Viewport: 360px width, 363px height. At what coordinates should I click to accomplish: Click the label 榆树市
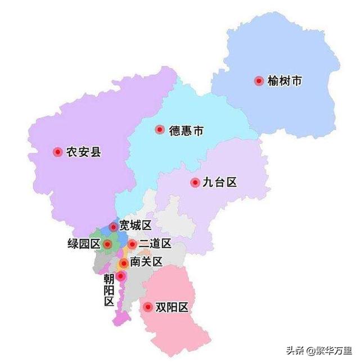tap(285, 81)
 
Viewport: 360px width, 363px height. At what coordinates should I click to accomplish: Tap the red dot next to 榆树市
tap(259, 81)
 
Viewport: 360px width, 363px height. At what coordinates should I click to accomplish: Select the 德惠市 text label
tap(186, 131)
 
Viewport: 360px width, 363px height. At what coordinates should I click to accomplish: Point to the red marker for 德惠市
tap(160, 130)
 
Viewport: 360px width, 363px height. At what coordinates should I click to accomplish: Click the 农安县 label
tap(84, 152)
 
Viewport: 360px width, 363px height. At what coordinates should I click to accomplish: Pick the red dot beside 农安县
tap(57, 152)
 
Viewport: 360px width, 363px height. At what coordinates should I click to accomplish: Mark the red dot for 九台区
tap(195, 183)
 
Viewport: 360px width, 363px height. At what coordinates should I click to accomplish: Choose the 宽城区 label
tap(136, 226)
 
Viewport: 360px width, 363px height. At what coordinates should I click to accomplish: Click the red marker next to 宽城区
tap(114, 227)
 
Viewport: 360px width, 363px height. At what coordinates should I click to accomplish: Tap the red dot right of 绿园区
tap(107, 244)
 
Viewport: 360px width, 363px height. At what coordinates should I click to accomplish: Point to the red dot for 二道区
tap(132, 244)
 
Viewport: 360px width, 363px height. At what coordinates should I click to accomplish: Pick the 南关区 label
tap(146, 262)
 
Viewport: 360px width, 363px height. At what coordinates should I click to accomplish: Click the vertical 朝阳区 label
tap(109, 289)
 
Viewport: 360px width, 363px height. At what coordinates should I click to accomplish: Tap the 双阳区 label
tap(172, 307)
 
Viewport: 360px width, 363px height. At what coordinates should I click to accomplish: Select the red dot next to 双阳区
tap(148, 307)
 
